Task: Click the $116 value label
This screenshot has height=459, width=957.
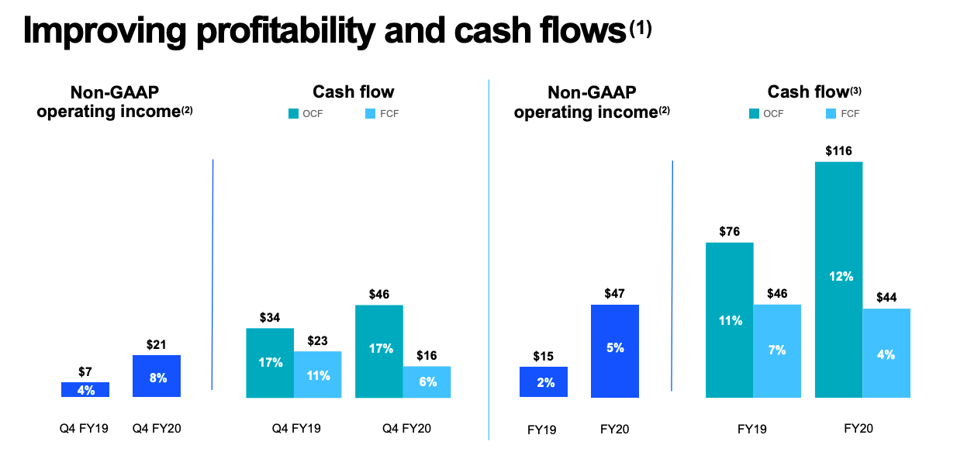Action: click(838, 150)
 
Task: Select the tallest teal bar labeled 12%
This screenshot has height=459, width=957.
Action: click(838, 279)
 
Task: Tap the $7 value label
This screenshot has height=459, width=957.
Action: click(85, 371)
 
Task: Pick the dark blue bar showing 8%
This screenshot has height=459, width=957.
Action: click(157, 376)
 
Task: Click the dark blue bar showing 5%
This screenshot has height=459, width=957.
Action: click(615, 350)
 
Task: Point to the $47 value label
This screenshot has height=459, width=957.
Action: click(615, 294)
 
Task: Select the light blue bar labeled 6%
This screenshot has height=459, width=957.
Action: click(427, 381)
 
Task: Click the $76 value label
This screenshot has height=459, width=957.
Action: click(729, 232)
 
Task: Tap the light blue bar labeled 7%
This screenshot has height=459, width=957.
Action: click(777, 350)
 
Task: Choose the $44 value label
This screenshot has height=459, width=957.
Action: click(886, 297)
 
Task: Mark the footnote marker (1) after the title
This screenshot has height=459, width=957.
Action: click(641, 28)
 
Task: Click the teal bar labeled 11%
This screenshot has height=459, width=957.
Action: click(729, 319)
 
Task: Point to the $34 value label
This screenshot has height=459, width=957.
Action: click(270, 317)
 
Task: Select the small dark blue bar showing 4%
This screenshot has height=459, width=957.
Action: click(85, 389)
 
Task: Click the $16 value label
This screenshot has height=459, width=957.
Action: click(427, 355)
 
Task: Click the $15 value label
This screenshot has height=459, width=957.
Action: click(544, 356)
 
